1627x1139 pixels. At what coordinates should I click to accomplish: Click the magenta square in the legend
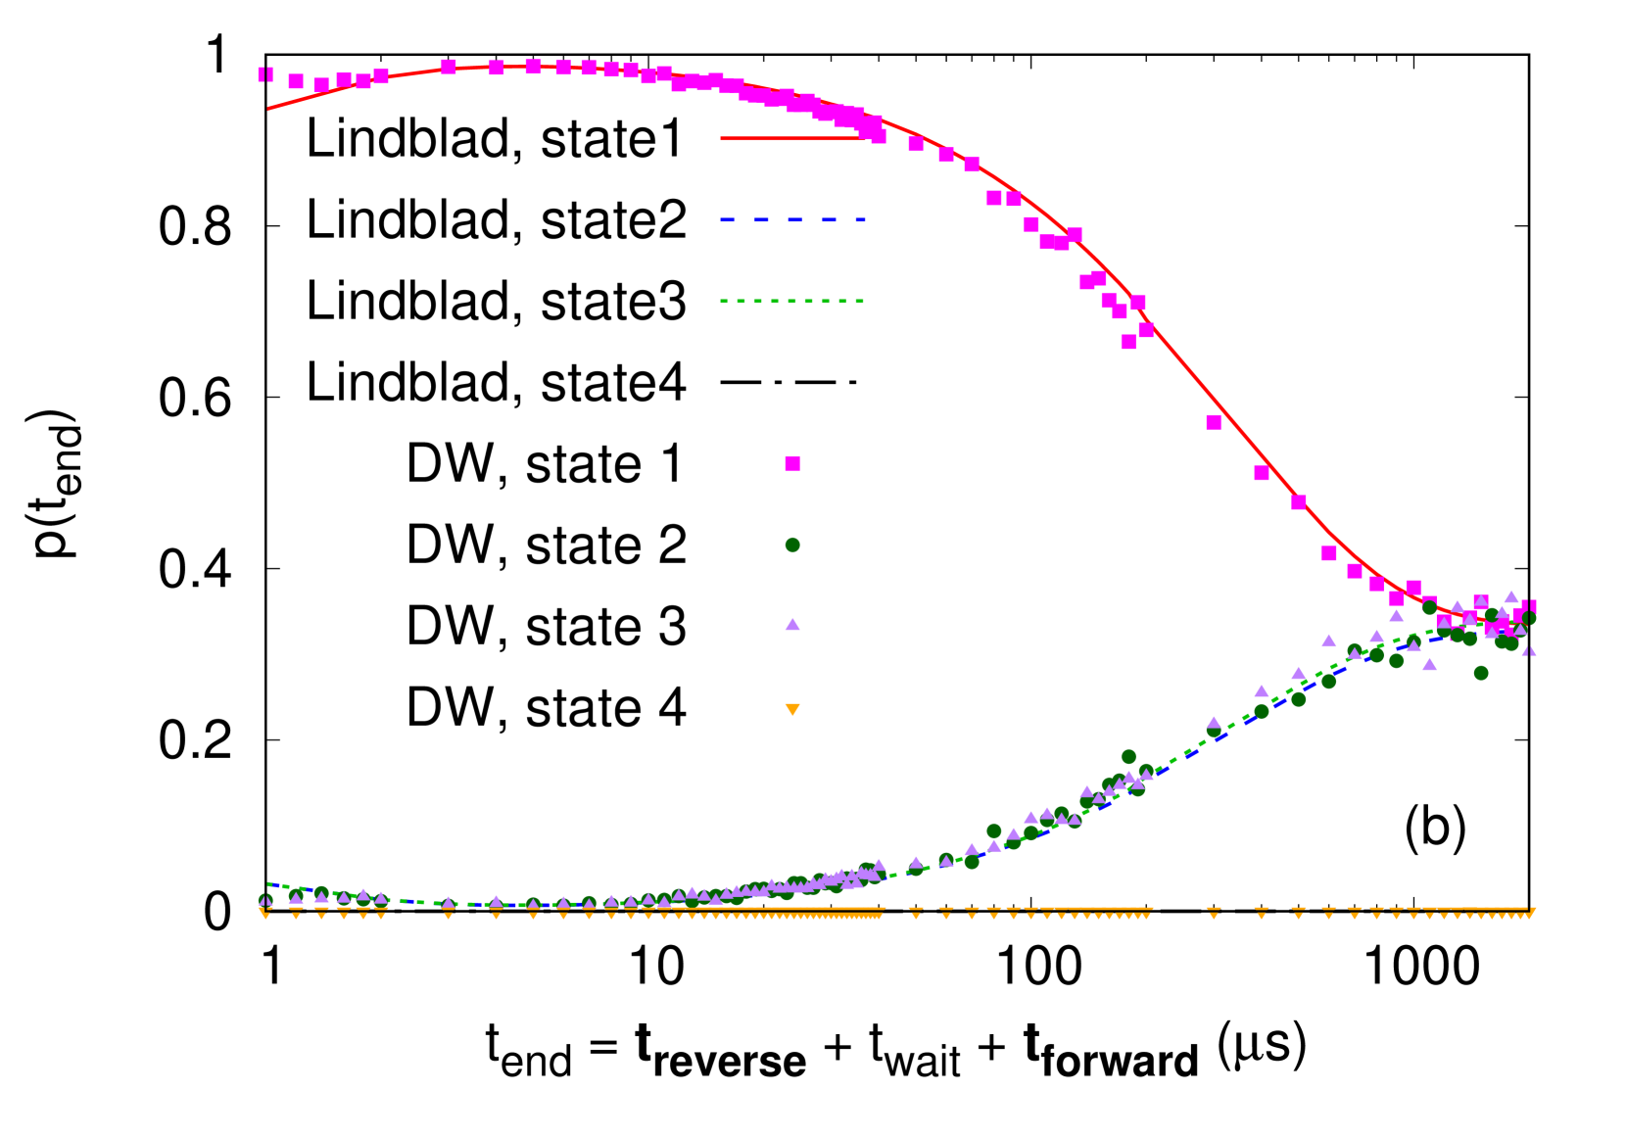(x=792, y=463)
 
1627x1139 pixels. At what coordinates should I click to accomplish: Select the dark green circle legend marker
(x=792, y=545)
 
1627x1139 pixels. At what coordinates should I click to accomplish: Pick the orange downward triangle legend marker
(x=792, y=709)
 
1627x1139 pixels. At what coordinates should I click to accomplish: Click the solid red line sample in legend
(x=792, y=139)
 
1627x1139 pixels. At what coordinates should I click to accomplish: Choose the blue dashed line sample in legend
(x=792, y=220)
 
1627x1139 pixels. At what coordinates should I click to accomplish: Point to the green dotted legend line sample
(x=792, y=302)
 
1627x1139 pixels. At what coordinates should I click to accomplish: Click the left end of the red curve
(x=269, y=109)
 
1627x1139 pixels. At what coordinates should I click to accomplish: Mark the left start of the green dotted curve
(x=269, y=883)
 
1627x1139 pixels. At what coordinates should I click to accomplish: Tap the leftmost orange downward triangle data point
(x=265, y=913)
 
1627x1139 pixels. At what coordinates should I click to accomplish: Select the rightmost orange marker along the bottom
(x=1531, y=912)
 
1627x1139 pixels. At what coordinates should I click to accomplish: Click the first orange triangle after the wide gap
(x=1214, y=913)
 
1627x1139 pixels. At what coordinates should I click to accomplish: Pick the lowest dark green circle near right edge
(x=1481, y=673)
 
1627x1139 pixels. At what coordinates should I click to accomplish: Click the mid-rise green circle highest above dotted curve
(x=1128, y=757)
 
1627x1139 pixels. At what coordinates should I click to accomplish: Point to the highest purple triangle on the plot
(x=1511, y=596)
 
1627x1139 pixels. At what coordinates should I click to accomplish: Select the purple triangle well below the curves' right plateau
(x=1429, y=664)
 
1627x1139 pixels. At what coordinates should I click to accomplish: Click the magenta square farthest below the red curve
(x=1128, y=342)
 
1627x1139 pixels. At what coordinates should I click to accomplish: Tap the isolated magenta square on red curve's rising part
(x=449, y=67)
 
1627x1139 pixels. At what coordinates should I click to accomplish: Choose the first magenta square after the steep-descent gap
(x=1214, y=422)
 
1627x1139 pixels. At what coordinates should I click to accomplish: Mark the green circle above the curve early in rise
(x=994, y=831)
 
